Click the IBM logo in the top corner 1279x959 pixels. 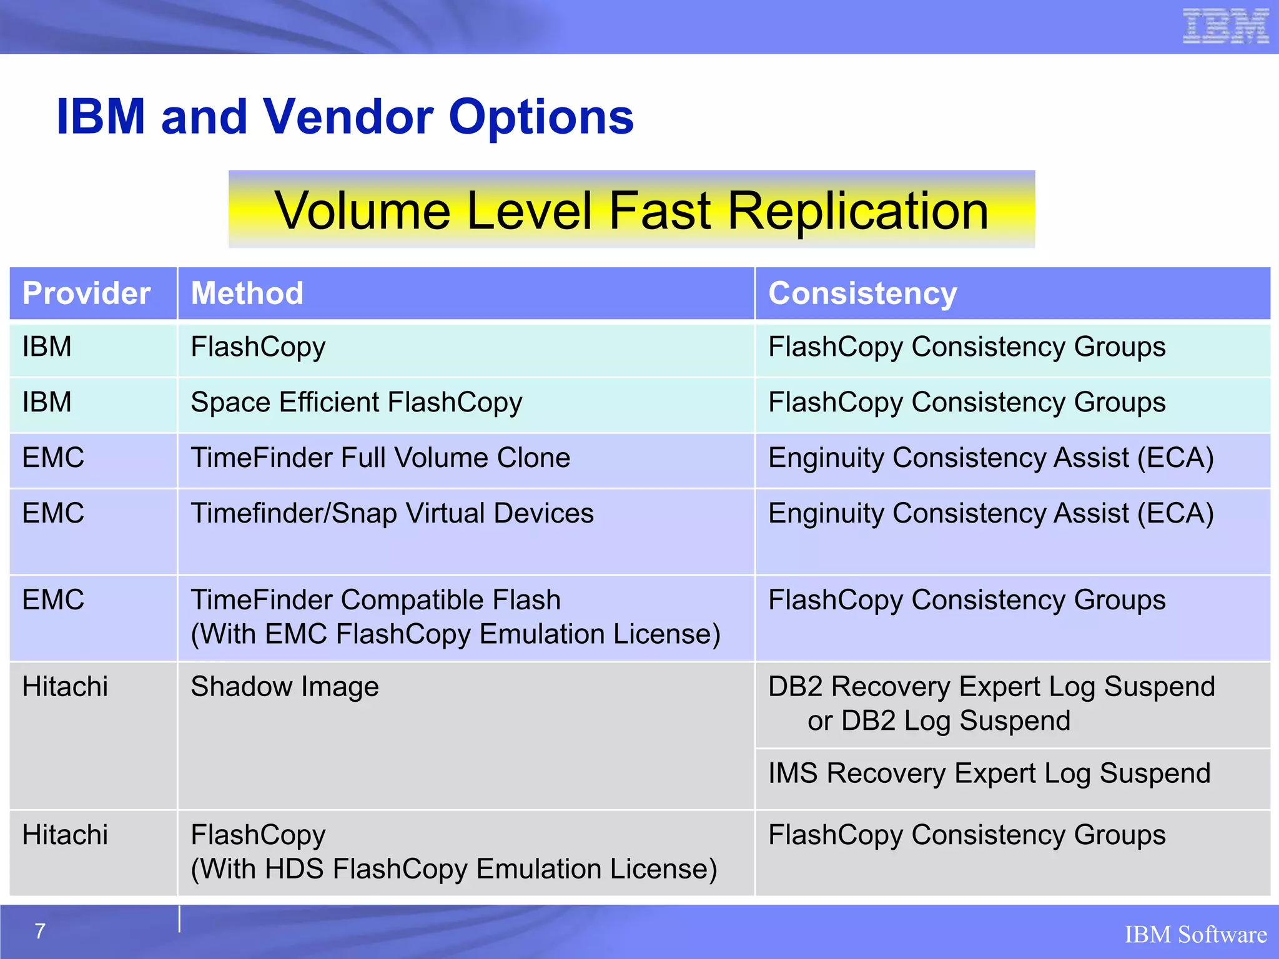[x=1225, y=26]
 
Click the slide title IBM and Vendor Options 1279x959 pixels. [x=345, y=117]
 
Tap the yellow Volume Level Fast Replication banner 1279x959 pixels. [x=631, y=210]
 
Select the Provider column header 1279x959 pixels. [x=87, y=293]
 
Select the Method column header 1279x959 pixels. [x=247, y=293]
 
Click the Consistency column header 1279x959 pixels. [x=862, y=293]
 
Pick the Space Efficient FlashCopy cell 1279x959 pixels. [x=356, y=403]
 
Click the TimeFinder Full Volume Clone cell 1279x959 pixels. [x=380, y=458]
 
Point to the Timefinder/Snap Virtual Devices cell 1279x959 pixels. [x=392, y=514]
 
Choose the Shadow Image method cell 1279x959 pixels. [x=285, y=687]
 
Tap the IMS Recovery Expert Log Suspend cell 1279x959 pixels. [x=989, y=774]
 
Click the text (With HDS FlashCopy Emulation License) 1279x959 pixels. [x=454, y=869]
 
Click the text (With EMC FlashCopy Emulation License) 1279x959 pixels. [x=456, y=634]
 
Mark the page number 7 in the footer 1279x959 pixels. [x=40, y=932]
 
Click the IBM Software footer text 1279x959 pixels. [x=1195, y=935]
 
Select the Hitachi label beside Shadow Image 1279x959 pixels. [x=65, y=687]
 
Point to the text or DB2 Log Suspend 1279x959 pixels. [x=939, y=721]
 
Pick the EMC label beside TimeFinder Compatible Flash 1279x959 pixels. [x=53, y=601]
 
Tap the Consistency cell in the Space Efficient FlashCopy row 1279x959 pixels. [x=966, y=403]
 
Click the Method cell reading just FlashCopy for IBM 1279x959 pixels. [x=258, y=348]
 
